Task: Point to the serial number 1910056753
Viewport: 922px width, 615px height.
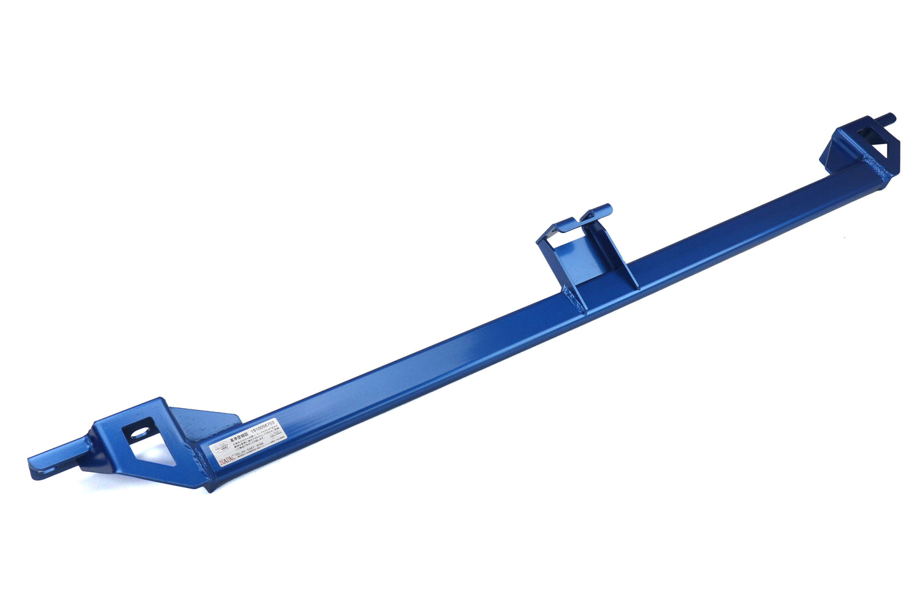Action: pos(264,425)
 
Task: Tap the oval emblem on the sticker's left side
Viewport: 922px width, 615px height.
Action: pos(219,444)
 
